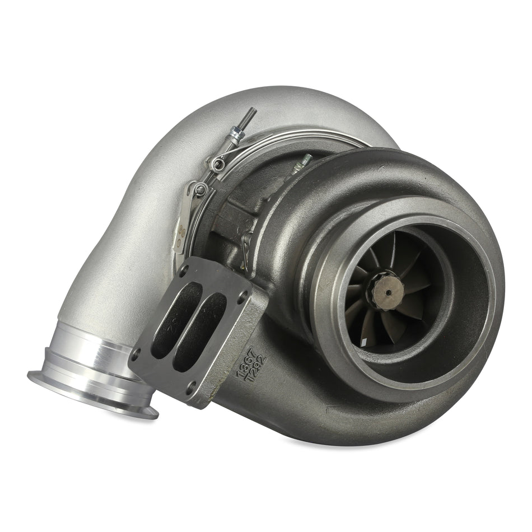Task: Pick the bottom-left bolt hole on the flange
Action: (x=136, y=354)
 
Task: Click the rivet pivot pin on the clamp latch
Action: (x=200, y=190)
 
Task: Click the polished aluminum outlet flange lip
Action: (x=92, y=394)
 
